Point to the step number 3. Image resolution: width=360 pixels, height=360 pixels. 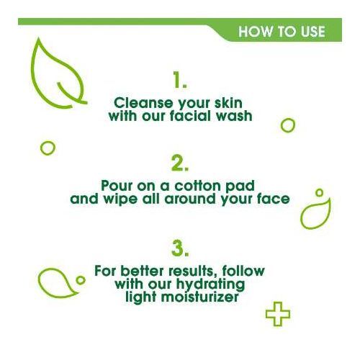(x=180, y=248)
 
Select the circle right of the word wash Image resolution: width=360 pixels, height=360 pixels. (x=287, y=125)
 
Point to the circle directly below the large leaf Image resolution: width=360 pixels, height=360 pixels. (x=48, y=148)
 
